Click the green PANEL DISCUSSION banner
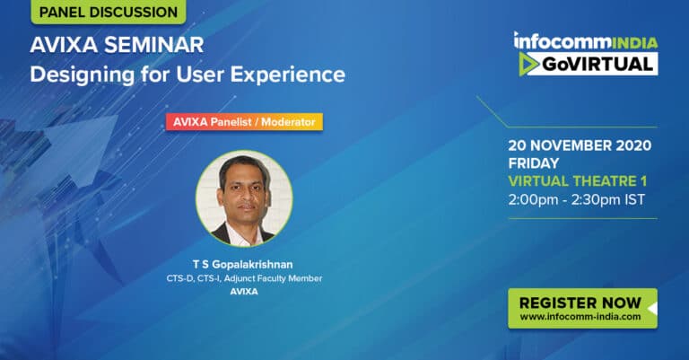(109, 12)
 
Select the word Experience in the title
(288, 75)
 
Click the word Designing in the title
(83, 75)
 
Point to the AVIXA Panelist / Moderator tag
(244, 122)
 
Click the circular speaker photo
(244, 198)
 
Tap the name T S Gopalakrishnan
(242, 264)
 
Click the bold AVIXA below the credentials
(244, 291)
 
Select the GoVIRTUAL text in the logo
(597, 64)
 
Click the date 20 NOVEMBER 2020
(580, 145)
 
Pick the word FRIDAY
(534, 163)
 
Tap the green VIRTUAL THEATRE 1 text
(578, 181)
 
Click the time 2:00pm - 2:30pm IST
(577, 199)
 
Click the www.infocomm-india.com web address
(580, 317)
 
